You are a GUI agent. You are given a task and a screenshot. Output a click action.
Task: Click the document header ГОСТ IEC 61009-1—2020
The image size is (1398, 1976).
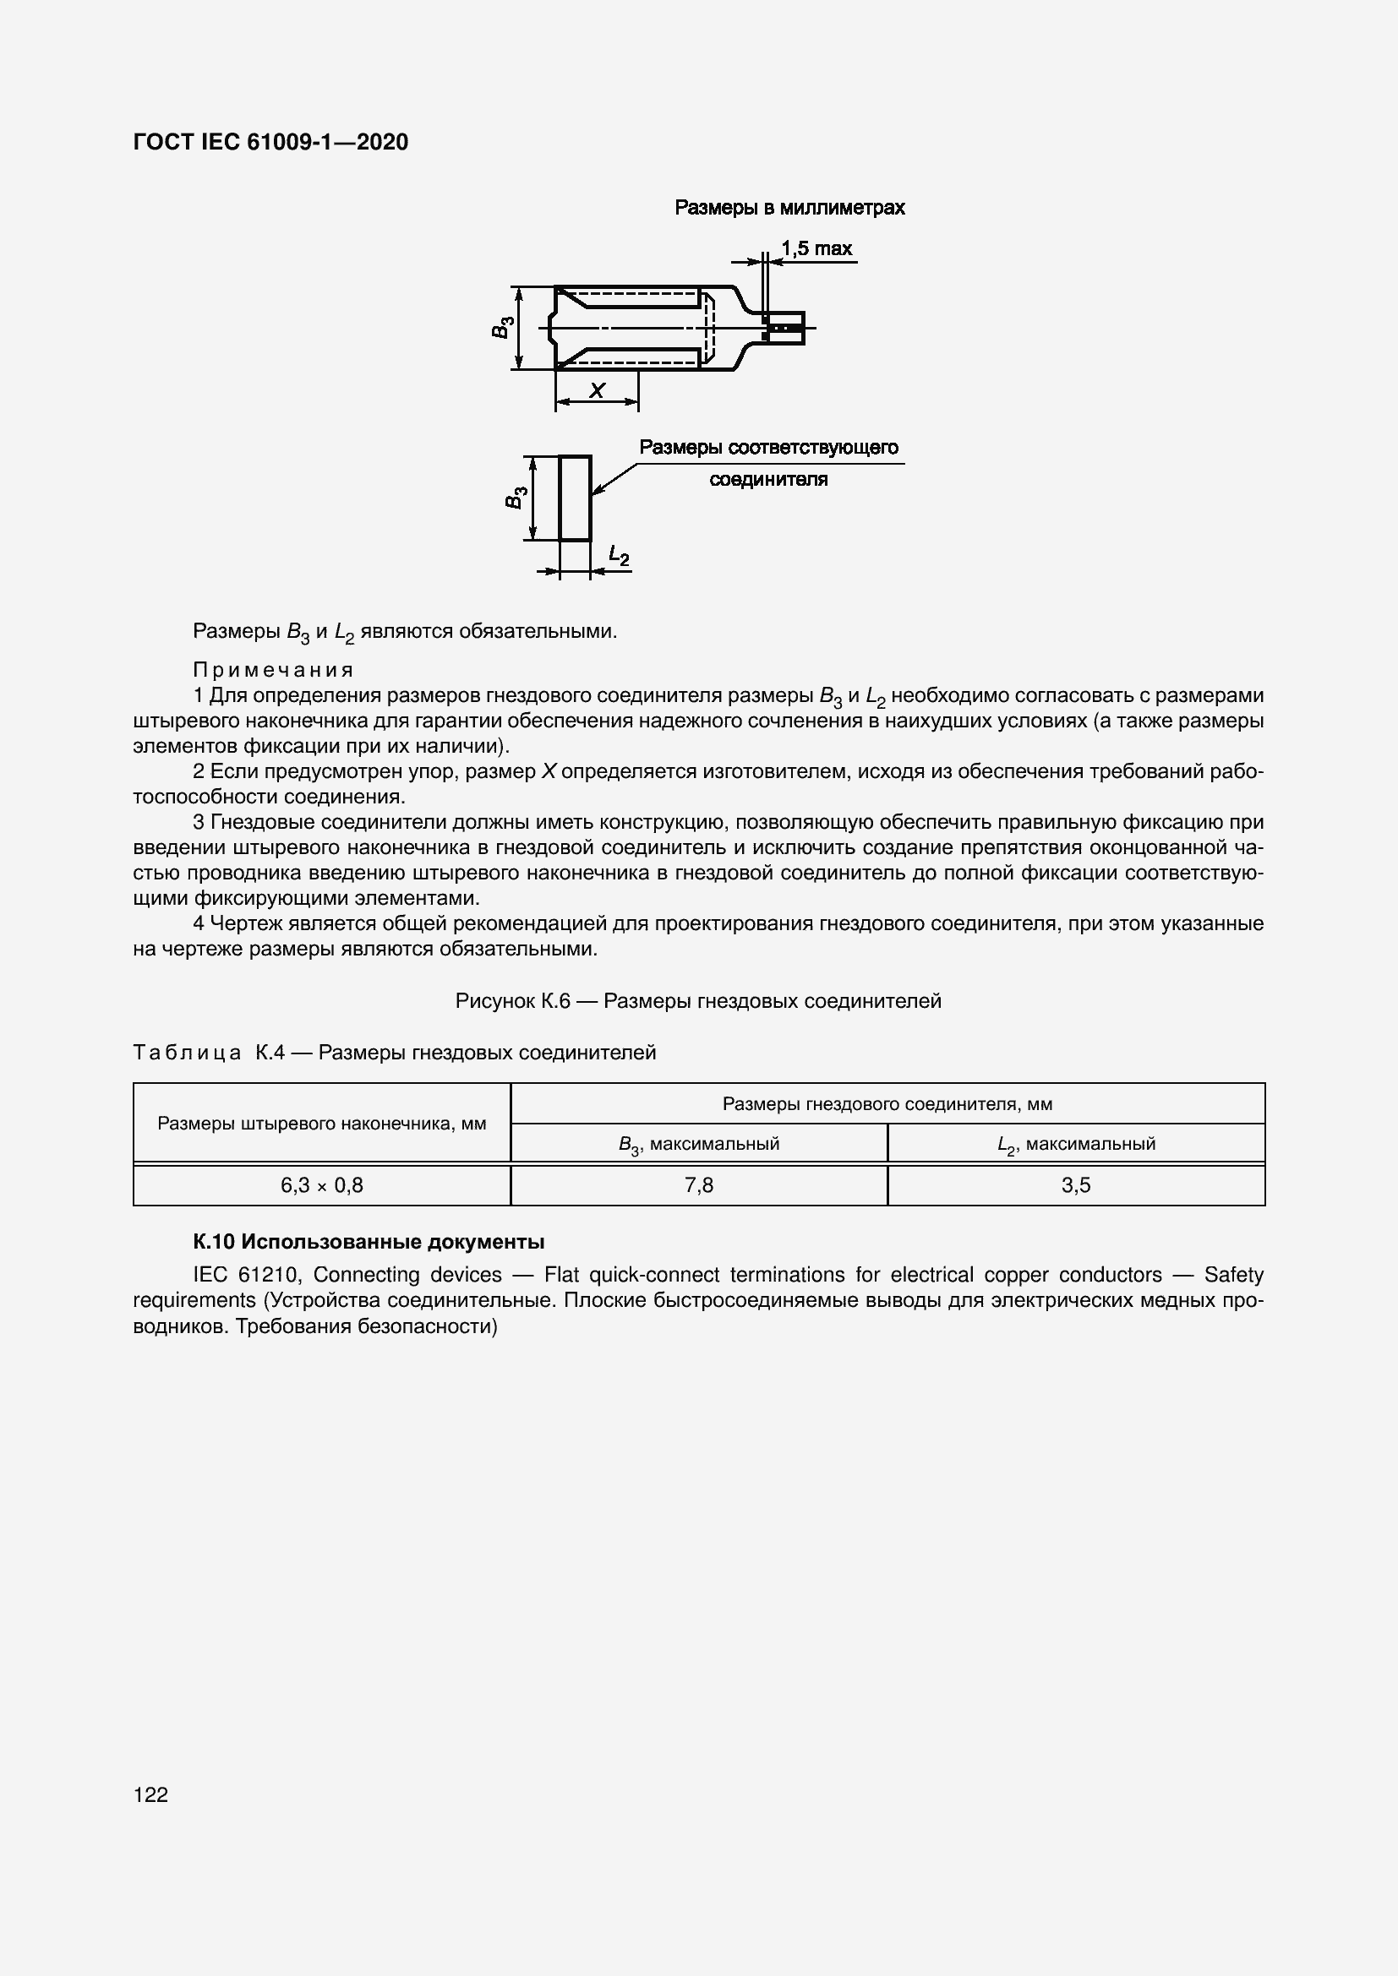pyautogui.click(x=270, y=142)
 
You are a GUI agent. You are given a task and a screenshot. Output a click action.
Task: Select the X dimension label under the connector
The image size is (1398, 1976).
pyautogui.click(x=596, y=391)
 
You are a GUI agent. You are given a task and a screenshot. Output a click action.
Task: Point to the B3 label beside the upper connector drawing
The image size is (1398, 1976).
pyautogui.click(x=503, y=328)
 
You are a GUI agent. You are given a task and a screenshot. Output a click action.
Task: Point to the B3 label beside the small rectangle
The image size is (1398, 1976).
pyautogui.click(x=515, y=498)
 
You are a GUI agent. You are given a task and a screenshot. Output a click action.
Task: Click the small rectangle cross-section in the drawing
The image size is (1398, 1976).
pyautogui.click(x=574, y=498)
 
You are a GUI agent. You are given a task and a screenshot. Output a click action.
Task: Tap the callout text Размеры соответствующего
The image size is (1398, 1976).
pyautogui.click(x=767, y=448)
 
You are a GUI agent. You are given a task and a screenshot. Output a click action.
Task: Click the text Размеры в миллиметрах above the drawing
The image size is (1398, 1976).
pyautogui.click(x=789, y=208)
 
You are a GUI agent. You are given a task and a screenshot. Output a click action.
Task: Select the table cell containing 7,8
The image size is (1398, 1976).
pyautogui.click(x=698, y=1185)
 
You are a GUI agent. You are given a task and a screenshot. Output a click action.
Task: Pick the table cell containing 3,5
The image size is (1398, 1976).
pyautogui.click(x=1075, y=1185)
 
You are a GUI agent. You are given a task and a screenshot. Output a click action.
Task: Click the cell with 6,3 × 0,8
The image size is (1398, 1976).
pyautogui.click(x=321, y=1185)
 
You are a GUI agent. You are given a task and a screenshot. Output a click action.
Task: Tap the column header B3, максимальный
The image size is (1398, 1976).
pyautogui.click(x=698, y=1144)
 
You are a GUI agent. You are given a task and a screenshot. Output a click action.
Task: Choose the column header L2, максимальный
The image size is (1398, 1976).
pyautogui.click(x=1075, y=1144)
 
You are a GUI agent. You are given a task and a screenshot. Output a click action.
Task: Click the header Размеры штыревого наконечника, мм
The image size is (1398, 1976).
pyautogui.click(x=321, y=1123)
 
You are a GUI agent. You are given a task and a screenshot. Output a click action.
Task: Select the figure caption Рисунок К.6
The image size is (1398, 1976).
pyautogui.click(x=697, y=1001)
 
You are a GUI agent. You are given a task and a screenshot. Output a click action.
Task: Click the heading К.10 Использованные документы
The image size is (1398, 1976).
pyautogui.click(x=369, y=1242)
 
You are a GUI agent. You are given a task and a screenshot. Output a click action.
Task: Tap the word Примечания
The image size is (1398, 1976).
pyautogui.click(x=273, y=670)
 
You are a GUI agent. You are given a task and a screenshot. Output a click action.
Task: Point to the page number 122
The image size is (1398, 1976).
pyautogui.click(x=150, y=1794)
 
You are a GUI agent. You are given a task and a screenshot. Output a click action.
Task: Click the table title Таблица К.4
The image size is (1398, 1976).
pyautogui.click(x=394, y=1053)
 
